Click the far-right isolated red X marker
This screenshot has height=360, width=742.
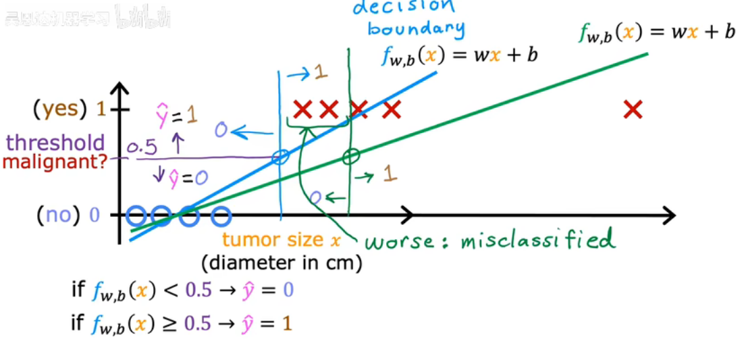point(633,109)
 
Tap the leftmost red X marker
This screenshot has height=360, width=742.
point(303,109)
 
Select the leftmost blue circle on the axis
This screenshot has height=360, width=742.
point(136,217)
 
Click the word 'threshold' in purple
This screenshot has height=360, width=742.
point(56,143)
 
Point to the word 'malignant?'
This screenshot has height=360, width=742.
point(55,162)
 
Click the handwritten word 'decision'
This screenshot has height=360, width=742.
point(404,7)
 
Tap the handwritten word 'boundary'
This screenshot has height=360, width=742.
point(417,28)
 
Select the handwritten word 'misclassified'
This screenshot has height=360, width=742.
point(537,240)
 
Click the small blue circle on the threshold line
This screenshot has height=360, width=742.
point(280,157)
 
